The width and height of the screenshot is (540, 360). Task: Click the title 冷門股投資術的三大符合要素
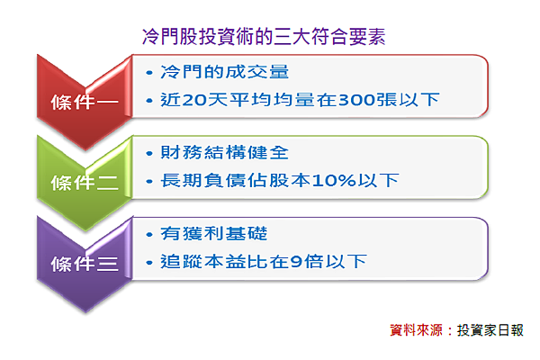(x=264, y=37)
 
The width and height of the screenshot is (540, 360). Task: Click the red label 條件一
(x=85, y=102)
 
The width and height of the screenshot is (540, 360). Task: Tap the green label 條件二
(x=85, y=183)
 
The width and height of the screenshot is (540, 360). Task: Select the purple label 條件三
(x=85, y=264)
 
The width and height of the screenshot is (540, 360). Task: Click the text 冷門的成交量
(x=224, y=72)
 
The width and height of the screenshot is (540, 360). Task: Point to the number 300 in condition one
(x=356, y=100)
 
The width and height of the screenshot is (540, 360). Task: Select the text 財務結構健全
(x=224, y=152)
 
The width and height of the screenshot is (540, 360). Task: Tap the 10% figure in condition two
(x=334, y=181)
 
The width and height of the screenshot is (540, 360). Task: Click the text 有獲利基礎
(x=213, y=234)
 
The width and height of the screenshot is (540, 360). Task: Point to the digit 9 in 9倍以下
(x=296, y=262)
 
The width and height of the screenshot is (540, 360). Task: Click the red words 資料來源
(x=416, y=330)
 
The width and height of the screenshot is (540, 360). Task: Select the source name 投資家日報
(x=490, y=330)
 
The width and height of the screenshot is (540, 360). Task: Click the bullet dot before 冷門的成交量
(x=149, y=73)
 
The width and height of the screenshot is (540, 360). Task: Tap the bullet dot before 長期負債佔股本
(x=149, y=181)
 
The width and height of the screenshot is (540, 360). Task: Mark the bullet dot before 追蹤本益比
(x=149, y=263)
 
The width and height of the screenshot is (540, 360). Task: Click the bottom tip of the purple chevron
(x=85, y=311)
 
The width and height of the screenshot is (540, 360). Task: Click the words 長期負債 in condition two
(x=202, y=181)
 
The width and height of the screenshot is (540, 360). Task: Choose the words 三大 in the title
(x=292, y=37)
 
